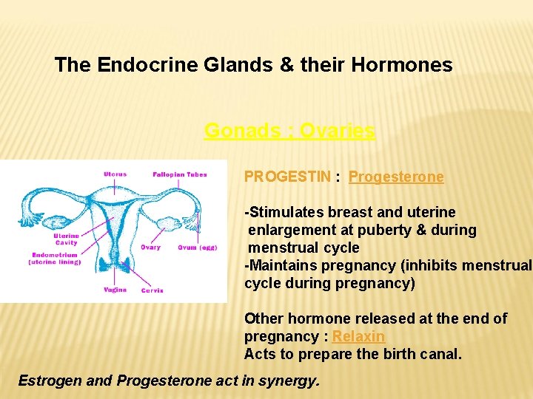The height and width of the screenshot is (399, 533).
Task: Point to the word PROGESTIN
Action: pyautogui.click(x=288, y=177)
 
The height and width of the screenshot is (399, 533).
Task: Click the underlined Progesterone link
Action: pyautogui.click(x=396, y=177)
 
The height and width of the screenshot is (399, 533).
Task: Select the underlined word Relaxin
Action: pyautogui.click(x=359, y=336)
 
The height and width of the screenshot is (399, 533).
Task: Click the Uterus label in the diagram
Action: pyautogui.click(x=115, y=174)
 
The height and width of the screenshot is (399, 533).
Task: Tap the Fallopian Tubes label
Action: pyautogui.click(x=180, y=174)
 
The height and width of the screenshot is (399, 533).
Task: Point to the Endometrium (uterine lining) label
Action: pyautogui.click(x=55, y=259)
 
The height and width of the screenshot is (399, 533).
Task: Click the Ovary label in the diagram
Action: pyautogui.click(x=150, y=248)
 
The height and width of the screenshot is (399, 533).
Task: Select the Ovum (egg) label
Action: pyautogui.click(x=197, y=248)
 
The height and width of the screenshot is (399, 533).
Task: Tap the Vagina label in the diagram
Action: pyautogui.click(x=115, y=290)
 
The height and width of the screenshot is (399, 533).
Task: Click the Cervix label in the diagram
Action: pyautogui.click(x=152, y=290)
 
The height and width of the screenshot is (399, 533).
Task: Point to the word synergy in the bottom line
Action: pyautogui.click(x=291, y=381)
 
